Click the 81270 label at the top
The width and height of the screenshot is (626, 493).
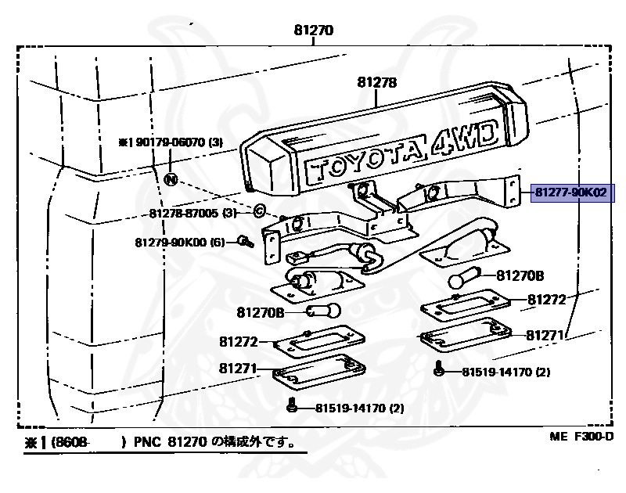[x=313, y=32]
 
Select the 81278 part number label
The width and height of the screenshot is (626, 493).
[x=377, y=82]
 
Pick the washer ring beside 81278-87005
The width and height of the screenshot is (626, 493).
[x=259, y=211]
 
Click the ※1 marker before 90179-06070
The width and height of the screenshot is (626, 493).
[x=125, y=142]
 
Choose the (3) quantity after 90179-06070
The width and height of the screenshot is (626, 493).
[x=217, y=142]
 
